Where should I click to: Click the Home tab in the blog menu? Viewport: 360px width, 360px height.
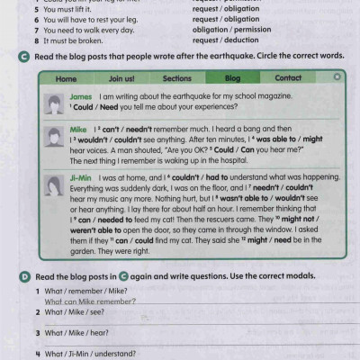tap(67, 78)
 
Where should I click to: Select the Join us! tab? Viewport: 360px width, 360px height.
tap(121, 78)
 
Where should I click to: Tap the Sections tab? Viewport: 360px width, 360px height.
tap(177, 78)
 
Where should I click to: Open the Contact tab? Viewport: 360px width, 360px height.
tap(288, 78)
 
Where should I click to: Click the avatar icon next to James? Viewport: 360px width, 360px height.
tap(52, 101)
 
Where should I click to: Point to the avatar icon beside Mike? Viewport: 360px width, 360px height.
tap(52, 136)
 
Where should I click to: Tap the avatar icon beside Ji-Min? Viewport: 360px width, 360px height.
tap(52, 183)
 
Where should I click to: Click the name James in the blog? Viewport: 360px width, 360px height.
tap(81, 95)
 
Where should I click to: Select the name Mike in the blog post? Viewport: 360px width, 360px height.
tap(78, 130)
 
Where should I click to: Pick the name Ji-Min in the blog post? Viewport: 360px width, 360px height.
tap(81, 177)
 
